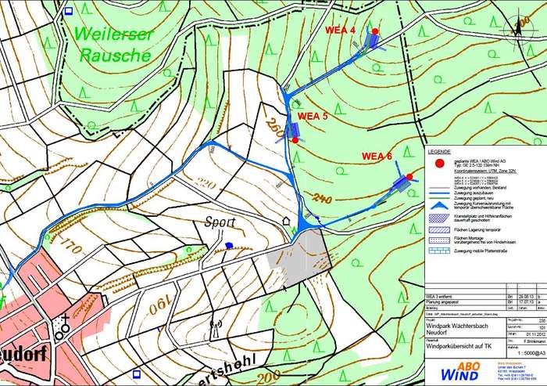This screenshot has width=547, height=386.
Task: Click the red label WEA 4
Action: [x=341, y=31]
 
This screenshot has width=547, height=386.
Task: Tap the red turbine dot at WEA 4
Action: [x=375, y=32]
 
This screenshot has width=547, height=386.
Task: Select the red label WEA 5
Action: [x=313, y=115]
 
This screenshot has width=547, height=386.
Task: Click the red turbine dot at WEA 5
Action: [x=295, y=140]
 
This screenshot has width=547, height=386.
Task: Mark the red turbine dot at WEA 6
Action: [x=409, y=178]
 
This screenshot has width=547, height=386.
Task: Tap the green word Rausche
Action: [x=115, y=56]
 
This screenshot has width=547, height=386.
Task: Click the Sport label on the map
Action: [x=221, y=222]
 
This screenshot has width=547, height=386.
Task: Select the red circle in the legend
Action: [x=440, y=164]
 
